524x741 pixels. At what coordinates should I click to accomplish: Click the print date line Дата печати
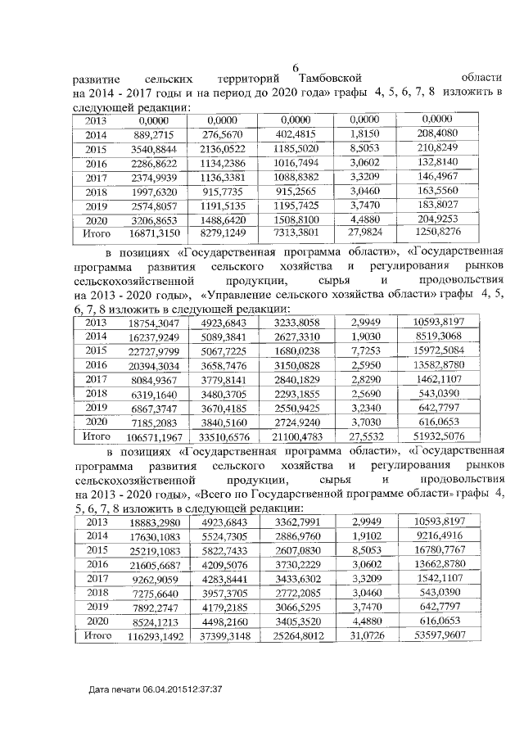click(x=156, y=692)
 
